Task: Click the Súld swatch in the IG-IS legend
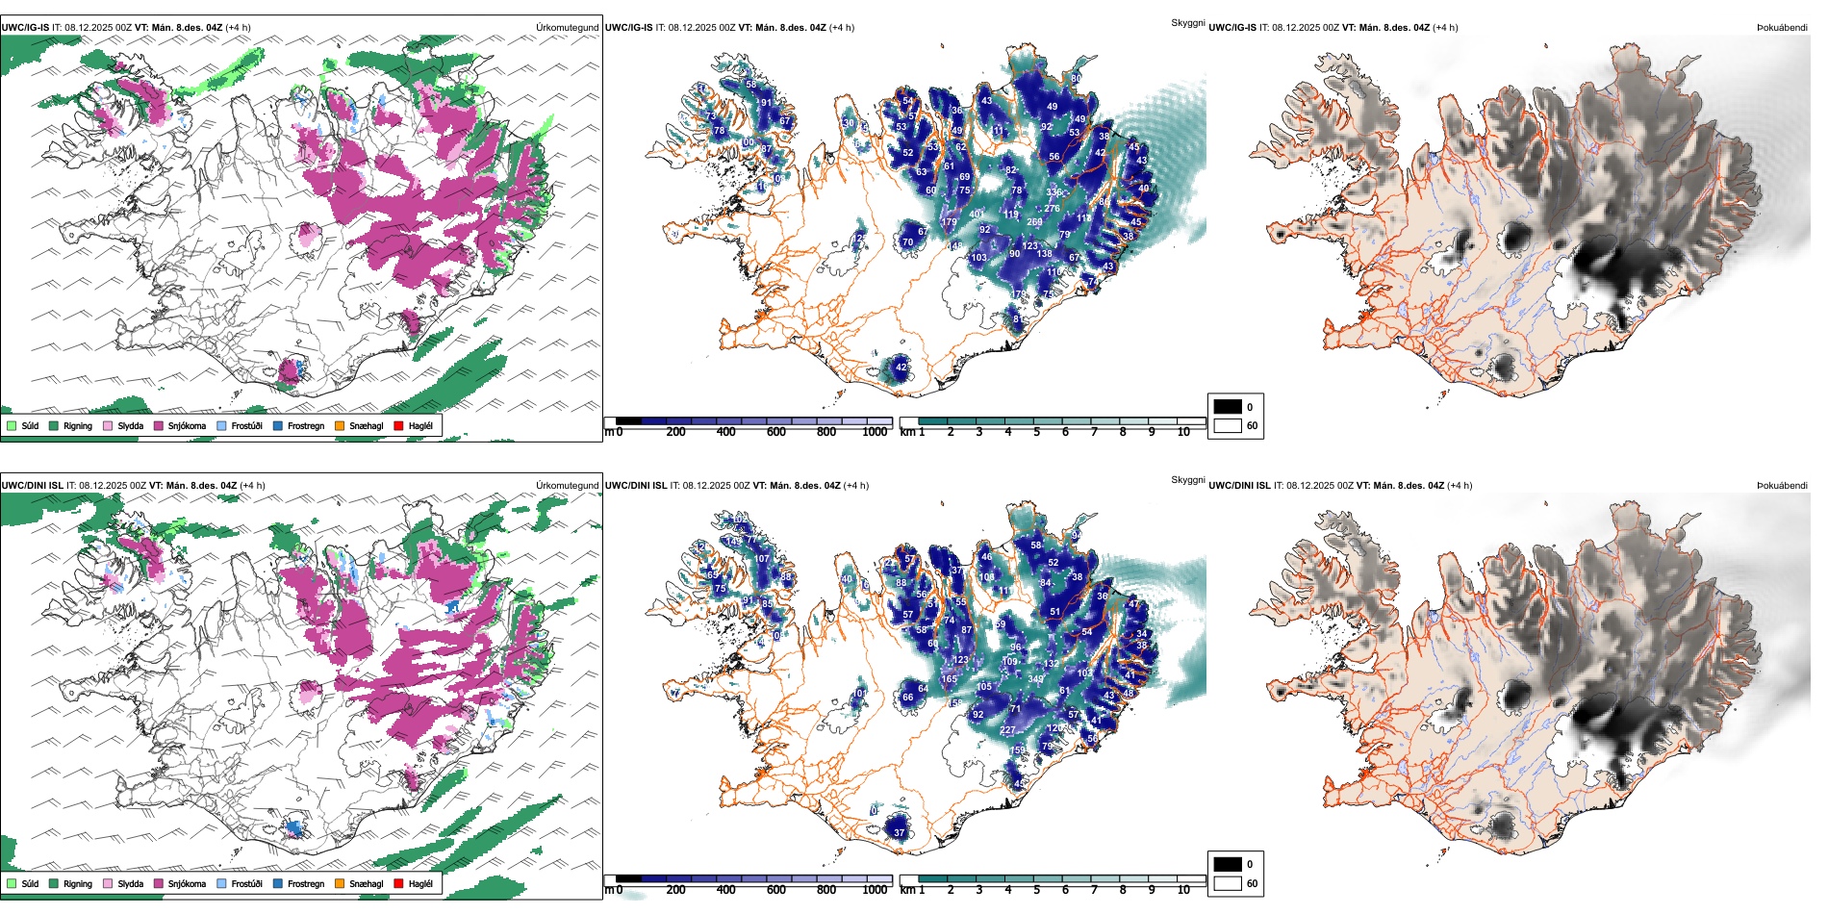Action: (12, 425)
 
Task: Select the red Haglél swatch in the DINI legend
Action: (398, 883)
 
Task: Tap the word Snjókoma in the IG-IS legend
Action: (187, 426)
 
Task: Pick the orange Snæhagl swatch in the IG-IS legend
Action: (340, 425)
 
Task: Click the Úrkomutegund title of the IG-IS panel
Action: (567, 28)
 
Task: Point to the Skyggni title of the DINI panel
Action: (1187, 480)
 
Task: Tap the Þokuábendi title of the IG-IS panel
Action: (1782, 28)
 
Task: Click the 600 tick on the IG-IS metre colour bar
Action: (776, 432)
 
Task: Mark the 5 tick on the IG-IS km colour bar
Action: (1036, 432)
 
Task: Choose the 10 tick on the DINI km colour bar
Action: (1183, 890)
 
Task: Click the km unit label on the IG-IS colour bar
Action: (906, 432)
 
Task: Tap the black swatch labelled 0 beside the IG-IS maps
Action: (1228, 407)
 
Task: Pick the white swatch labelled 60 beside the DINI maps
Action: (1228, 883)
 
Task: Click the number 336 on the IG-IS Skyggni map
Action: (1054, 192)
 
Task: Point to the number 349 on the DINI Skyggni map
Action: (1035, 679)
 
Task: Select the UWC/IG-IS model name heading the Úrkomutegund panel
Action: (25, 28)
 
